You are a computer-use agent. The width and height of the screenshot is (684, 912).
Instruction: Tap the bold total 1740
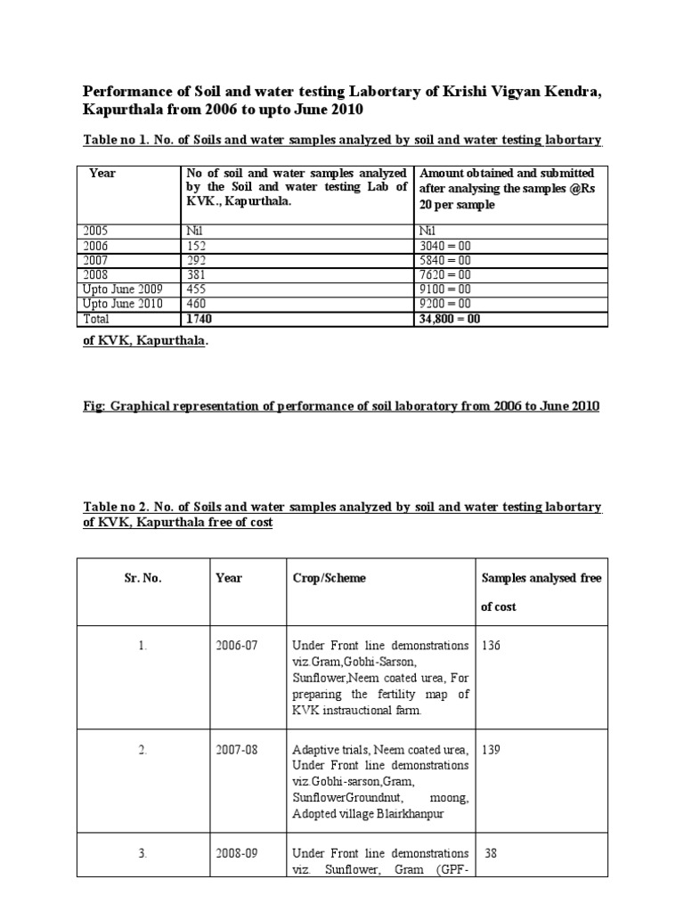(199, 318)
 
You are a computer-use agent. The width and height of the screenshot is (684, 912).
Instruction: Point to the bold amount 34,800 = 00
(450, 318)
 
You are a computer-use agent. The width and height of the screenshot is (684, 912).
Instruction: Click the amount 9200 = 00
(448, 304)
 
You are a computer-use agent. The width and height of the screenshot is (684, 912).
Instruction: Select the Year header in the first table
(102, 173)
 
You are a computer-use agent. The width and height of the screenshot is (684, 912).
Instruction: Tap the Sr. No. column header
(142, 578)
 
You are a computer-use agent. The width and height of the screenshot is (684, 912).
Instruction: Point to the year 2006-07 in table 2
(235, 646)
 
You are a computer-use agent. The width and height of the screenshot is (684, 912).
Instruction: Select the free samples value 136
(492, 646)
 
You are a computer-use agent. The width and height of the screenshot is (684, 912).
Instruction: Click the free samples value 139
(492, 750)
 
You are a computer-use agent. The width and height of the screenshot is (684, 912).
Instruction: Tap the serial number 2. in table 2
(142, 750)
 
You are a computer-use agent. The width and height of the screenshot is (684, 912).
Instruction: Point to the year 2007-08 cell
(235, 750)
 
